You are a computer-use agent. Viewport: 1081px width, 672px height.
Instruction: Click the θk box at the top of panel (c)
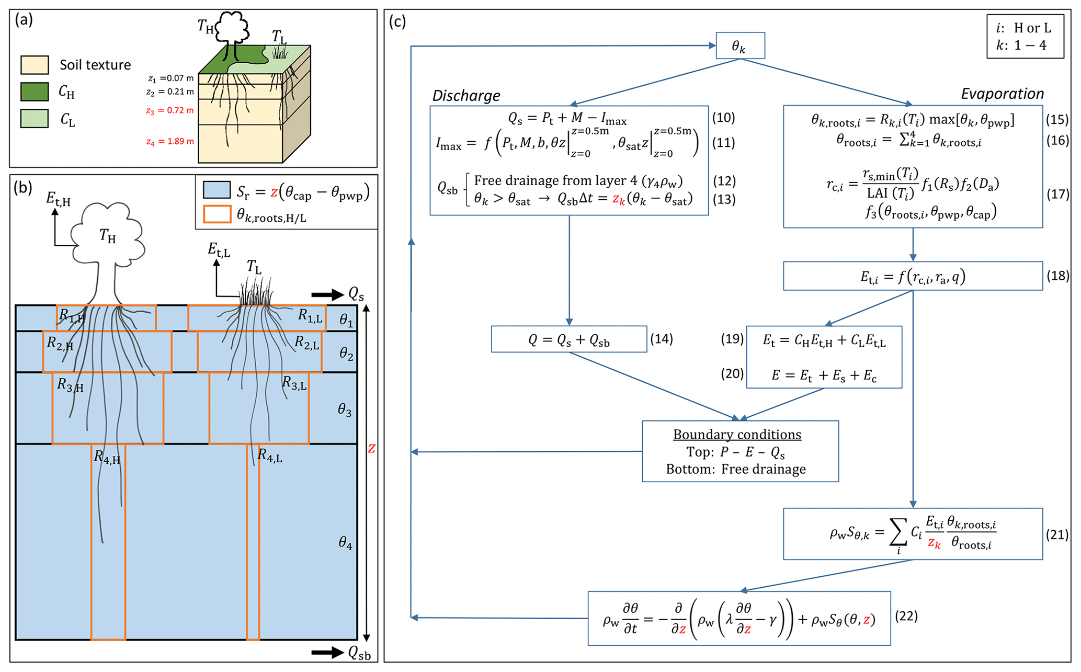(739, 46)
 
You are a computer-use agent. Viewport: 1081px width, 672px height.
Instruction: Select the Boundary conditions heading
(737, 435)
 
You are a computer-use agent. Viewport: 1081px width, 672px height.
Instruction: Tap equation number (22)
(906, 617)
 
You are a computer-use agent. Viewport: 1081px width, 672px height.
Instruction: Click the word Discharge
(466, 96)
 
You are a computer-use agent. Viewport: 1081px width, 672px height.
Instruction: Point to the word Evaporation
(1002, 94)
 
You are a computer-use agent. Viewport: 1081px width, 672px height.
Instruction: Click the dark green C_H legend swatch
(35, 92)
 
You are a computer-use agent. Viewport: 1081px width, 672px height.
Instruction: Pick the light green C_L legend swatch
(35, 119)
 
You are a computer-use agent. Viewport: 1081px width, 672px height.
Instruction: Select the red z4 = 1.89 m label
(169, 141)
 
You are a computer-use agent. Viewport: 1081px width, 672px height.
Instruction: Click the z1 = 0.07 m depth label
(170, 78)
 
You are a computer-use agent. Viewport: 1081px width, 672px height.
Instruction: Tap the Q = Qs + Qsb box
(568, 339)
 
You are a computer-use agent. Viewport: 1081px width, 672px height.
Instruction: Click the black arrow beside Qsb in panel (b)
(327, 652)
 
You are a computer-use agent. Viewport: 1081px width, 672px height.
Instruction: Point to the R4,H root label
(107, 457)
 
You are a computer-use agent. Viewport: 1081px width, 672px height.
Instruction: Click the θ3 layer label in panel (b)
(345, 410)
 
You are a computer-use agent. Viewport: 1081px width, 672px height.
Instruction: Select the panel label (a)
(24, 20)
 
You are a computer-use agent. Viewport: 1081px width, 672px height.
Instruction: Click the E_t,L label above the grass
(219, 250)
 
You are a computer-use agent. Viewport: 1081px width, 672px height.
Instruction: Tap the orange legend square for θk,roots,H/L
(217, 214)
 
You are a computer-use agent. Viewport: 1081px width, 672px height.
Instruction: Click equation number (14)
(661, 339)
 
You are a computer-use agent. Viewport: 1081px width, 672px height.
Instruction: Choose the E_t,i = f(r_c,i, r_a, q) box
(912, 276)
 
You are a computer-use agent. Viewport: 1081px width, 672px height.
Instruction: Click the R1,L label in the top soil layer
(310, 315)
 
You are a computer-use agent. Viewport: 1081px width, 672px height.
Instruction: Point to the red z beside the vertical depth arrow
(371, 449)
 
